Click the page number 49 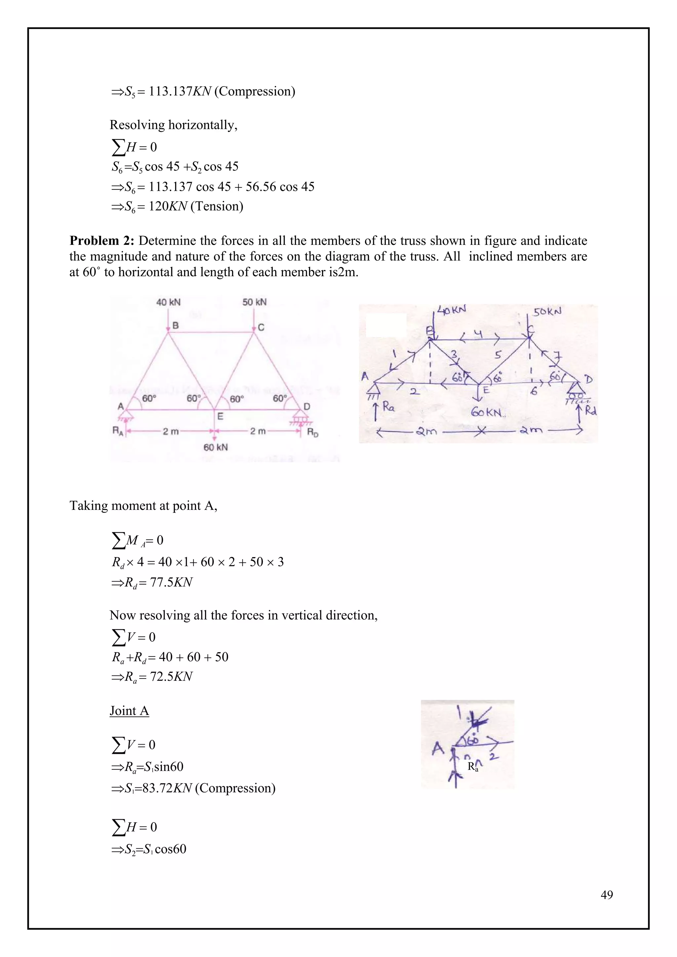607,895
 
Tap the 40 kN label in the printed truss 168,302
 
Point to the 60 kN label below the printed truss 216,447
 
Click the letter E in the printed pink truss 220,416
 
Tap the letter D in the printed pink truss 307,406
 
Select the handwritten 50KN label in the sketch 547,311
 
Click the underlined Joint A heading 129,711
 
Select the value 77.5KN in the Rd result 171,582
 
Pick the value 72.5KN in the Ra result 171,676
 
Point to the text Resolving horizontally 174,125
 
